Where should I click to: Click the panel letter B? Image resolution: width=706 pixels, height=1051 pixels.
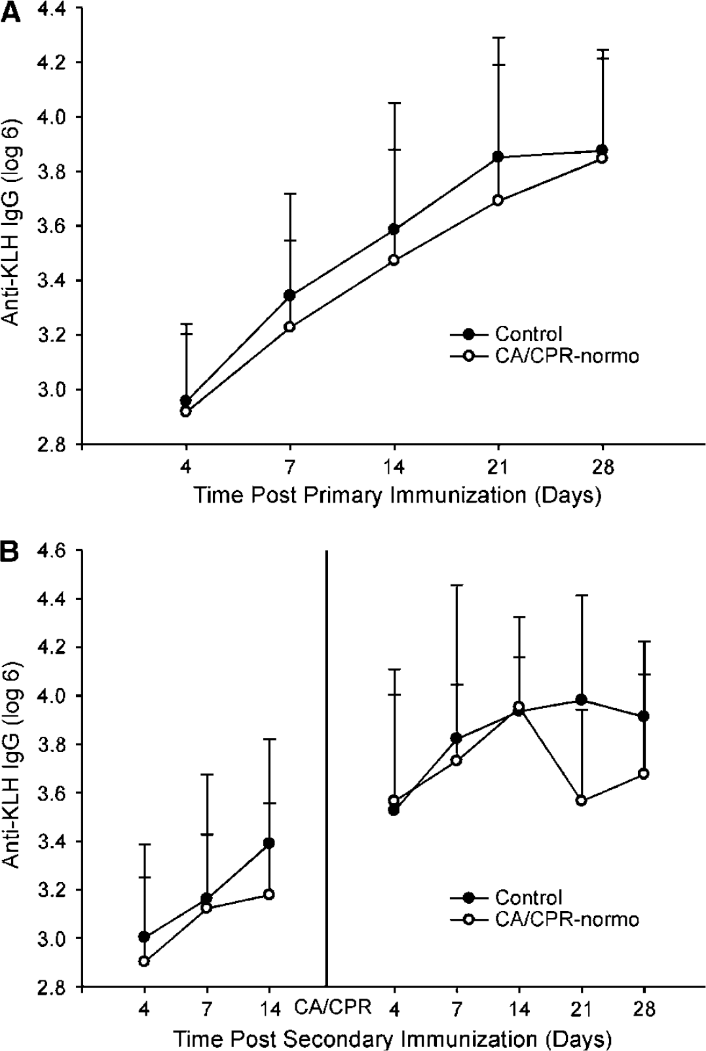(x=10, y=553)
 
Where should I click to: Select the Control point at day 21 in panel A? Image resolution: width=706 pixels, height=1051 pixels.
(x=498, y=156)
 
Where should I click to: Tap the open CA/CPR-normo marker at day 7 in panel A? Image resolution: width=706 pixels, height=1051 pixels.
(x=290, y=327)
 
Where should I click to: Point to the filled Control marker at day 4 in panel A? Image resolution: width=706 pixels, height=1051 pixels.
(x=186, y=401)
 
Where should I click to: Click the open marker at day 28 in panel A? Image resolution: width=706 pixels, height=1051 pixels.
(x=603, y=158)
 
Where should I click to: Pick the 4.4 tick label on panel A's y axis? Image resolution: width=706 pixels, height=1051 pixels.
(x=52, y=10)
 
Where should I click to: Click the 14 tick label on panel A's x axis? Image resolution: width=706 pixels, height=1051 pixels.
(x=394, y=469)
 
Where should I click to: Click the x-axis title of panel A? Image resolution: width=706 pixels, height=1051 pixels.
(x=398, y=495)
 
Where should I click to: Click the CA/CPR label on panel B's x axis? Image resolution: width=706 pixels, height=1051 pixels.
(x=333, y=1007)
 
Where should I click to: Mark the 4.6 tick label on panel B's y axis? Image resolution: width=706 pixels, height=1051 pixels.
(x=52, y=551)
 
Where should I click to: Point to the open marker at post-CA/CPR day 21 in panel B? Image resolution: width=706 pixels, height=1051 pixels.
(x=582, y=801)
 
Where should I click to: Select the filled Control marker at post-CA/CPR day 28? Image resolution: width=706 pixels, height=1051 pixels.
(x=644, y=717)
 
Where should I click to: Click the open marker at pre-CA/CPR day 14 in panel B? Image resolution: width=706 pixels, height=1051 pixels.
(x=269, y=895)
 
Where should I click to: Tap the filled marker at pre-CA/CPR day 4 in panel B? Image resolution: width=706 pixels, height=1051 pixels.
(x=144, y=936)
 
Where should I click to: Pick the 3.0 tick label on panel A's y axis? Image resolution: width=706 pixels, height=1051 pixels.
(x=52, y=389)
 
